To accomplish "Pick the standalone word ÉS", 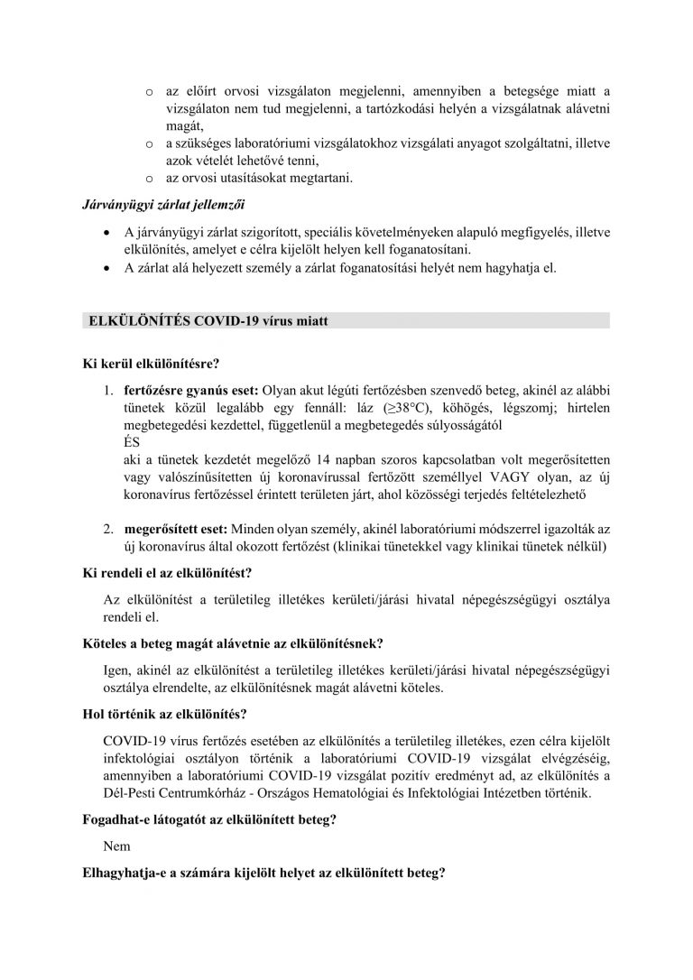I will click(129, 442).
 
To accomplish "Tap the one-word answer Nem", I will click(117, 846).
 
